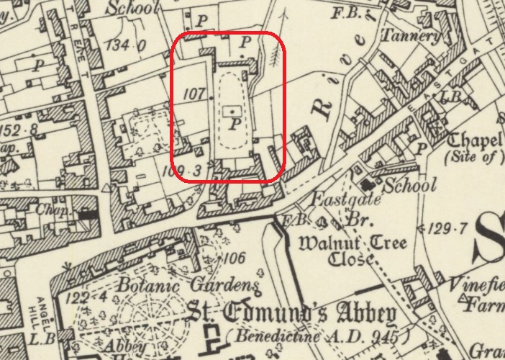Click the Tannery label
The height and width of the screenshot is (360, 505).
pos(411,35)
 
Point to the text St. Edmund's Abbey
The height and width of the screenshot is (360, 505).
pos(292,314)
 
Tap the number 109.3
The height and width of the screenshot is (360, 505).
pos(179,171)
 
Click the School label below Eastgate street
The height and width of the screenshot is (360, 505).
pos(410,186)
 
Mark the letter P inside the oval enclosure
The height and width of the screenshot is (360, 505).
pos(234,124)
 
